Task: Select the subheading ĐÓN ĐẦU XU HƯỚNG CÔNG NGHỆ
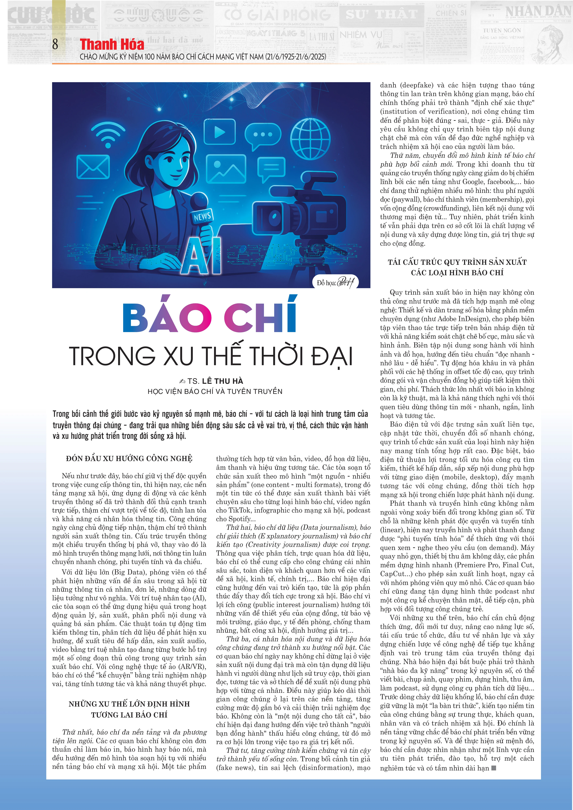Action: (129, 458)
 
